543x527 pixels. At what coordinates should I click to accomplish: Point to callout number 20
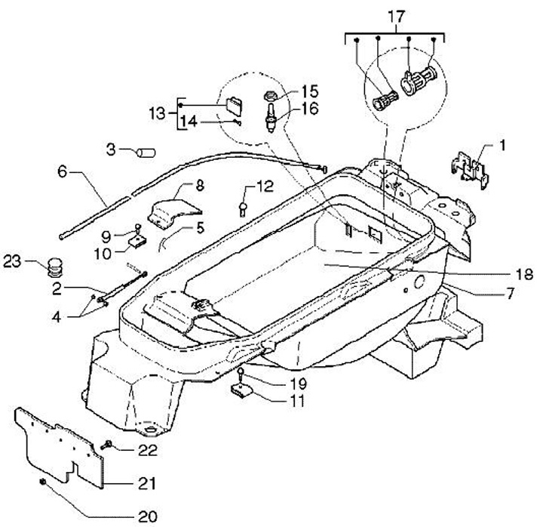pos(147,516)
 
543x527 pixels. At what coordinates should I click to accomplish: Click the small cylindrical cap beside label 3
pos(144,152)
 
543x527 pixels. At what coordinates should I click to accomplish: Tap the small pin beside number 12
pos(243,208)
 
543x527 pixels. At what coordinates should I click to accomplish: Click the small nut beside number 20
pos(44,480)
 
